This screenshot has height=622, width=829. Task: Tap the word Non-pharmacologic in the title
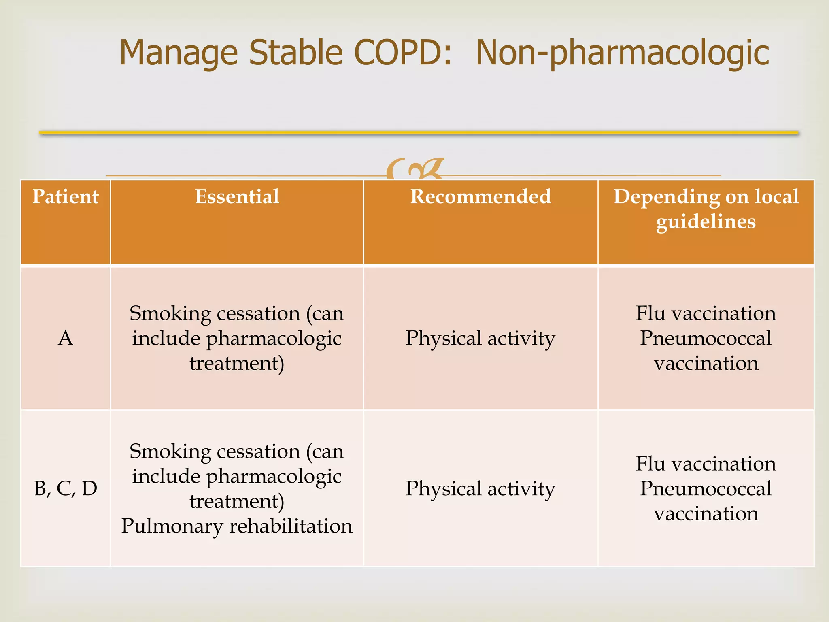pos(622,53)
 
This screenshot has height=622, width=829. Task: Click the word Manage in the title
pos(178,53)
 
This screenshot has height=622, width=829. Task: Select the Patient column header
pos(65,197)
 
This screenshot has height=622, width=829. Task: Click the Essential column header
pos(237,197)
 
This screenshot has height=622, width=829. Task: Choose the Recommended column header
pos(480,197)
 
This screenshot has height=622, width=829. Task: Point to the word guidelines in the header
pos(706,222)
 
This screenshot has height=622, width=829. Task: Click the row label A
pos(65,338)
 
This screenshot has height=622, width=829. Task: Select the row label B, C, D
pos(65,488)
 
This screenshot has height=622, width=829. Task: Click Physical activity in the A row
pos(480,338)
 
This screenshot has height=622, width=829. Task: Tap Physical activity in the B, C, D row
pos(480,488)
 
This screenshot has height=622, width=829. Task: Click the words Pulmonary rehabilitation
pos(237,526)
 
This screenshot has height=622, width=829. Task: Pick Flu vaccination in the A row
pos(706,313)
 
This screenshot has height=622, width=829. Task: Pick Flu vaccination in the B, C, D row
pos(706,464)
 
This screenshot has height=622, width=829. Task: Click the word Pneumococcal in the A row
pos(706,338)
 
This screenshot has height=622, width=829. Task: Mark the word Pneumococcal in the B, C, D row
pos(706,488)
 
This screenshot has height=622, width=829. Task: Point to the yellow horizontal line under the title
pos(419,132)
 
